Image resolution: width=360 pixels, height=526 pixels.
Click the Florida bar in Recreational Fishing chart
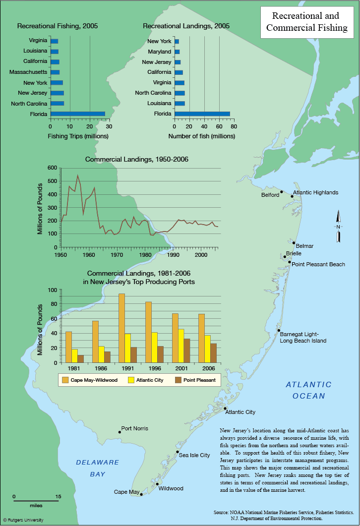78,114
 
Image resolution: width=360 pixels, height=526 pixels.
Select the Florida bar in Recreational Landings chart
202,114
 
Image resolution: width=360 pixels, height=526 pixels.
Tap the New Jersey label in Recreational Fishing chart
33,93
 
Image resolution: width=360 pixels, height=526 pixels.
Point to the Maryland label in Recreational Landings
159,52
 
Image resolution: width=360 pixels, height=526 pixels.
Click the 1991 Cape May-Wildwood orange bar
121,328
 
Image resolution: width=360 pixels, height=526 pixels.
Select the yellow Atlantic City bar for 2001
181,346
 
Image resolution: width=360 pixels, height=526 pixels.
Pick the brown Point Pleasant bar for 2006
213,353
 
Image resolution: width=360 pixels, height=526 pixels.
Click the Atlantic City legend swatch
131,380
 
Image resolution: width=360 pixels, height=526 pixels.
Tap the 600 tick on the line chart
52,168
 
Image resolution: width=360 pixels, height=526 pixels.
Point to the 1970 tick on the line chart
117,255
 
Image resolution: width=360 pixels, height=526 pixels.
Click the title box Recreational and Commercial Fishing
307,22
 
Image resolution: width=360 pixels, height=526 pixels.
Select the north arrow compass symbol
338,226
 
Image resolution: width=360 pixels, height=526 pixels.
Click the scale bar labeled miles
36,501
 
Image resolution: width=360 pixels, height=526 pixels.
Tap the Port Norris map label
134,428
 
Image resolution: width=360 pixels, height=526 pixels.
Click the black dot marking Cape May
141,494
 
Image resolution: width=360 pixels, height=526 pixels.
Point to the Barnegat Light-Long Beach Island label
303,338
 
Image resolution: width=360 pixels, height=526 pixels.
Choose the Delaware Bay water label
98,468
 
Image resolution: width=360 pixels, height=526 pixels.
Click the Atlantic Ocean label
308,390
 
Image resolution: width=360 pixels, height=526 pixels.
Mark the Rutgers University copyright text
23,520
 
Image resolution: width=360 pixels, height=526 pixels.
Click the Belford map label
270,195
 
